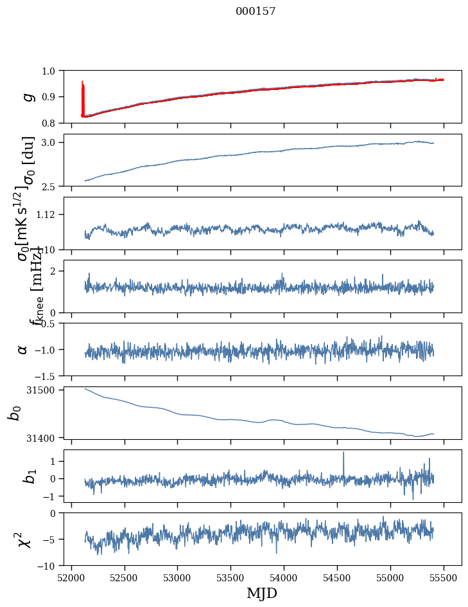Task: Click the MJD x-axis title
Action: pyautogui.click(x=262, y=593)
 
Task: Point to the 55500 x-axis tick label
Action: pyautogui.click(x=444, y=577)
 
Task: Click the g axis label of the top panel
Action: pyautogui.click(x=27, y=96)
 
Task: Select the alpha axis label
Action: pyautogui.click(x=23, y=349)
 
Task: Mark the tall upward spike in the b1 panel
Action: pyautogui.click(x=343, y=453)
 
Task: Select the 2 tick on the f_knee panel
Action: pyautogui.click(x=54, y=271)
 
